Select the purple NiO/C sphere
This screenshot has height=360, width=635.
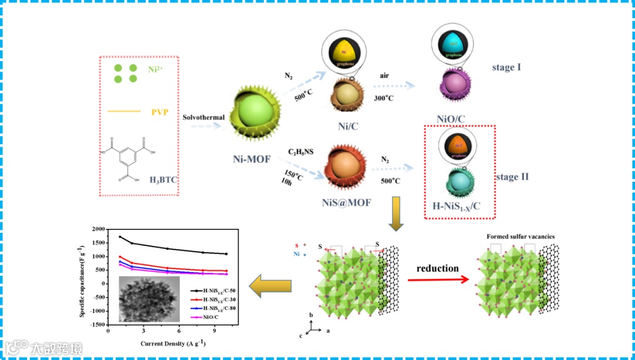pyautogui.click(x=454, y=86)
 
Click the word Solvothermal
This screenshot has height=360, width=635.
pyautogui.click(x=204, y=117)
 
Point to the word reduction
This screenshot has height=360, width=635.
pyautogui.click(x=437, y=268)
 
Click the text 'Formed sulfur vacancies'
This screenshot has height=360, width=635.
pyautogui.click(x=520, y=236)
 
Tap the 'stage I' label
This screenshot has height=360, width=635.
pyautogui.click(x=506, y=67)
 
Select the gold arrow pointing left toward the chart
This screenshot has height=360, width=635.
pyautogui.click(x=270, y=286)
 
